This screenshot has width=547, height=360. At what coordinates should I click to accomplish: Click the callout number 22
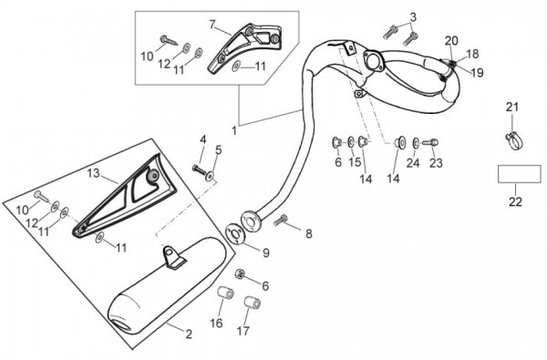(x=515, y=201)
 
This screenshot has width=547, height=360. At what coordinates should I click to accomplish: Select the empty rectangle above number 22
(x=519, y=174)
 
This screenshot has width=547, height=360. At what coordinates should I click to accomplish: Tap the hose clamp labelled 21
(x=514, y=141)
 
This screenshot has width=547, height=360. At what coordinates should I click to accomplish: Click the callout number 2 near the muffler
(x=189, y=334)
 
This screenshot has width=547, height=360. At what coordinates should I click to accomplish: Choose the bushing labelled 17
(x=253, y=303)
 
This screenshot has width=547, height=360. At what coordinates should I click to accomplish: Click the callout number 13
(x=94, y=173)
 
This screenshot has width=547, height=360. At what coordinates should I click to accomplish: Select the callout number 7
(x=212, y=25)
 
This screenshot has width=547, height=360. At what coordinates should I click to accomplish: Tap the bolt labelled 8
(x=281, y=221)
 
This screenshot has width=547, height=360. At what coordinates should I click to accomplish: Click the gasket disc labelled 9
(x=237, y=233)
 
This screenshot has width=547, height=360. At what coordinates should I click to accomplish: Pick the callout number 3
(x=413, y=16)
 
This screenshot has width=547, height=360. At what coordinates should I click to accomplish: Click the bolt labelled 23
(x=430, y=142)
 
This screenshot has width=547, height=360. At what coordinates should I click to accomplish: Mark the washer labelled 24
(x=416, y=142)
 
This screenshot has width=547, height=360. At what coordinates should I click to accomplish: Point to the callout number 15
(x=355, y=162)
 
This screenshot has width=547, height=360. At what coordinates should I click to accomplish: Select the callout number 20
(x=451, y=41)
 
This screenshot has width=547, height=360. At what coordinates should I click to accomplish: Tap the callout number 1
(x=234, y=131)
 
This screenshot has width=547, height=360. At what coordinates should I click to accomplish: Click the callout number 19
(x=477, y=73)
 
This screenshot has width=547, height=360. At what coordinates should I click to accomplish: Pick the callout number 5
(x=219, y=150)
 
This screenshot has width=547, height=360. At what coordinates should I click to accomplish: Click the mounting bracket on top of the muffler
(x=172, y=257)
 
